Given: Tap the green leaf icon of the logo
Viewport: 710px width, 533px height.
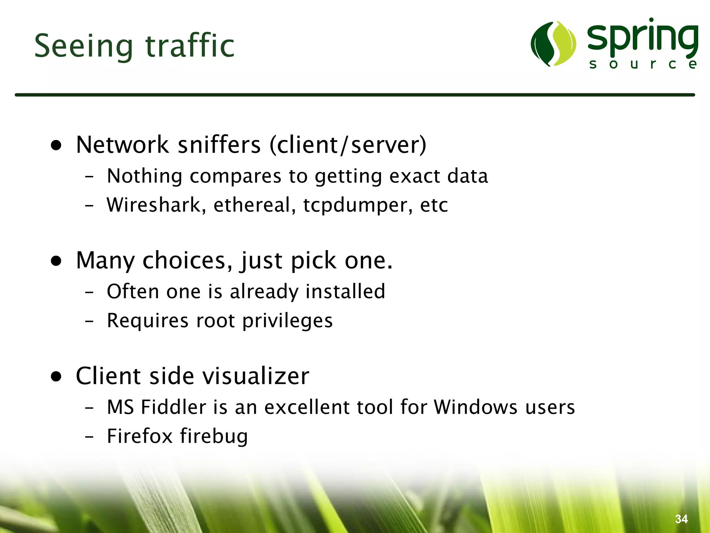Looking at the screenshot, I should [x=553, y=44].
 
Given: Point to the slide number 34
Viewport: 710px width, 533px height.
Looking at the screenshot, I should [x=681, y=519].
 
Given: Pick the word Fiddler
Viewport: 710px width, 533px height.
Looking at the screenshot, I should [x=174, y=407].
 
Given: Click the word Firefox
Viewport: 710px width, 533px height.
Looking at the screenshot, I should [x=139, y=436].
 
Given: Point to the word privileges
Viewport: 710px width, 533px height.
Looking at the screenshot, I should [x=287, y=321].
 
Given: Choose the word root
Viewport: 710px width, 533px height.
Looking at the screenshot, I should [x=215, y=321].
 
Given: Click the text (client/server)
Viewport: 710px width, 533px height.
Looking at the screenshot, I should [x=348, y=145].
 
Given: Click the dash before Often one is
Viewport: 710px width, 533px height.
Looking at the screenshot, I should [x=89, y=292].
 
